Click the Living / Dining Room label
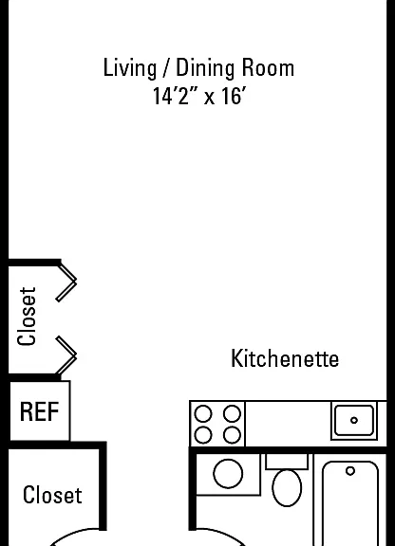[198, 68]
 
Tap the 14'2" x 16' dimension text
[199, 96]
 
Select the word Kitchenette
[285, 358]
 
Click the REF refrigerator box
[40, 410]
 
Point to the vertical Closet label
[27, 317]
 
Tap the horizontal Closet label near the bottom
[52, 495]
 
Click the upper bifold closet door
[66, 282]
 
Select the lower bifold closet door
[66, 355]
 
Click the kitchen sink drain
[354, 420]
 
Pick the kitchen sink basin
[354, 420]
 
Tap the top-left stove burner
[203, 414]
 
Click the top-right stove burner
[232, 414]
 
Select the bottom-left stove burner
[203, 435]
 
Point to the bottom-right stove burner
[232, 435]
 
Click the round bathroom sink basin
[228, 474]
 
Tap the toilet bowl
[287, 488]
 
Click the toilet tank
[287, 462]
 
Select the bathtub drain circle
[350, 471]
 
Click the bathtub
[350, 503]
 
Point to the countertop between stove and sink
[288, 424]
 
